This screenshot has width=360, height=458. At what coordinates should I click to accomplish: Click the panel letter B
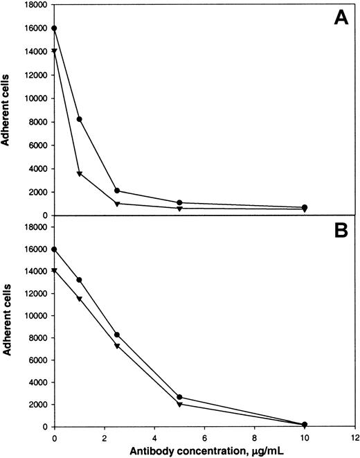tap(341, 230)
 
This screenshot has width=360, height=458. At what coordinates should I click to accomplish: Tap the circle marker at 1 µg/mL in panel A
tap(80, 119)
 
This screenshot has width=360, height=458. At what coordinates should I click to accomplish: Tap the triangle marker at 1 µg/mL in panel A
tap(80, 174)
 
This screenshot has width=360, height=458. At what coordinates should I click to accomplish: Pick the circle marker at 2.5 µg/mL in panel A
tap(117, 191)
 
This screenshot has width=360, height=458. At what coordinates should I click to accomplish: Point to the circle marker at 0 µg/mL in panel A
tap(55, 28)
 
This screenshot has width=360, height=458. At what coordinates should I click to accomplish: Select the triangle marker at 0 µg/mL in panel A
tap(55, 51)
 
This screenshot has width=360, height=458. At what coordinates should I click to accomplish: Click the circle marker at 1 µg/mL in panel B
tap(80, 280)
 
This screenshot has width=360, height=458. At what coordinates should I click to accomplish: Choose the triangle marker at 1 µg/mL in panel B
tap(80, 299)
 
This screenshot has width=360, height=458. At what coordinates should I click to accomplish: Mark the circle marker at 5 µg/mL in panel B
tap(179, 397)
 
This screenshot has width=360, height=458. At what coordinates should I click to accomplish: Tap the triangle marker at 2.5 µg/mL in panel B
tap(117, 346)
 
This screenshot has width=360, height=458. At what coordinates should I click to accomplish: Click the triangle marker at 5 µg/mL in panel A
tap(179, 208)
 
